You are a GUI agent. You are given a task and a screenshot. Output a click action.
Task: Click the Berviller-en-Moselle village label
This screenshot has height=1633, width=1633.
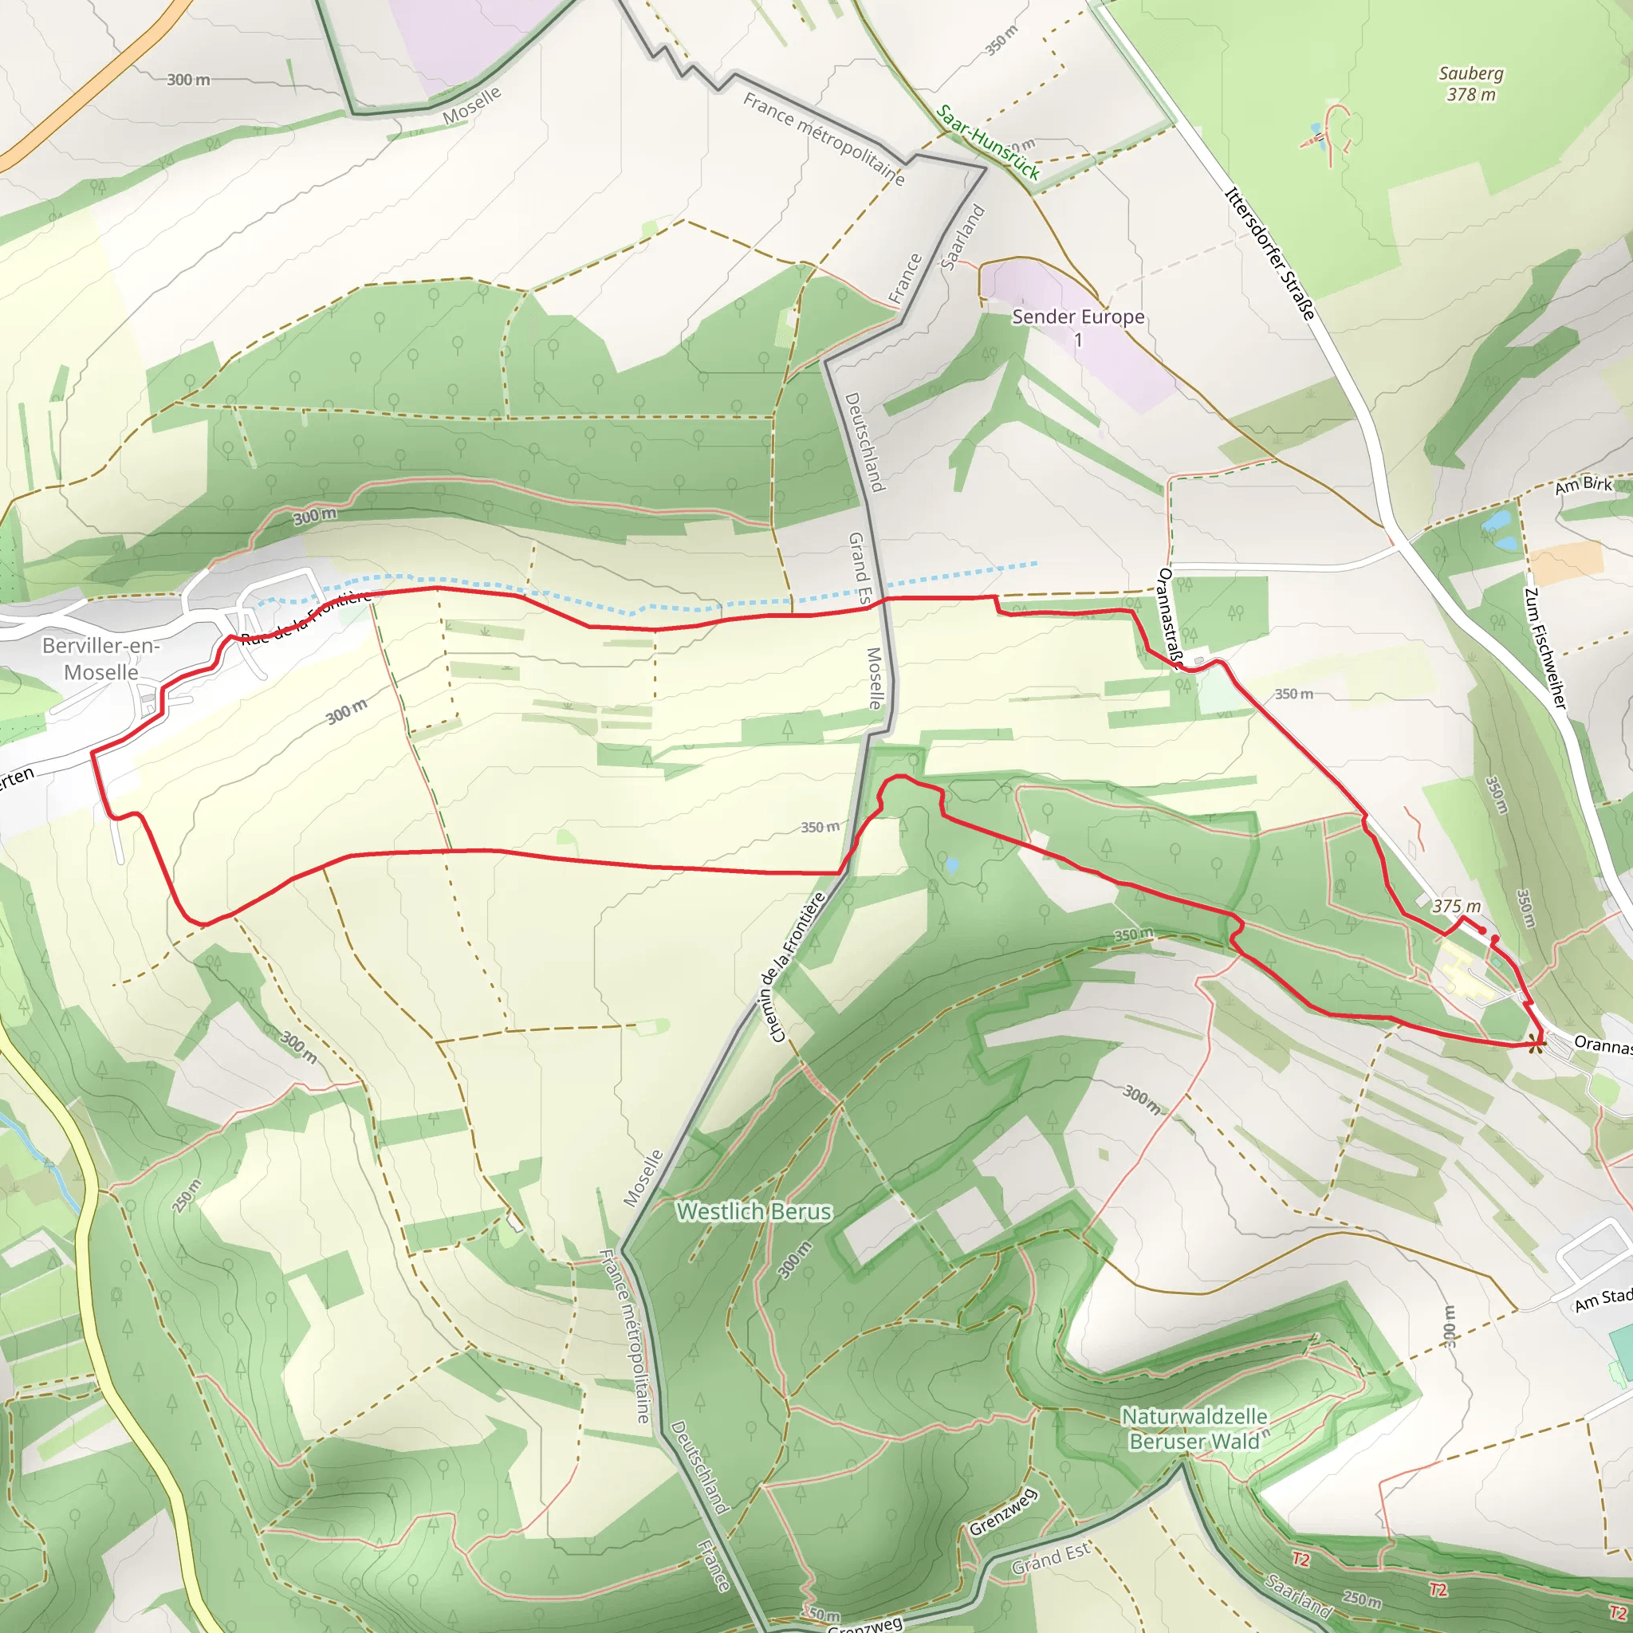coord(100,659)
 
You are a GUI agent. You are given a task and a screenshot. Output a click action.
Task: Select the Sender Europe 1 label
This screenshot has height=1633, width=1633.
coord(1078,326)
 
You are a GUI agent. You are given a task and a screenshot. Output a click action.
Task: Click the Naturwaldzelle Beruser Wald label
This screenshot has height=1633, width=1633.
coord(1194,1427)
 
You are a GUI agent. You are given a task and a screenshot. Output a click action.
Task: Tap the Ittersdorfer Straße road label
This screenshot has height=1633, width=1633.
coord(1269,254)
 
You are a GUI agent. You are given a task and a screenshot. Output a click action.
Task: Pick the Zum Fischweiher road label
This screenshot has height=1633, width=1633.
coord(1544,648)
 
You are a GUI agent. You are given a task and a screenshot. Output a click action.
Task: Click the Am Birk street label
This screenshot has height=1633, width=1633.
coord(1583,484)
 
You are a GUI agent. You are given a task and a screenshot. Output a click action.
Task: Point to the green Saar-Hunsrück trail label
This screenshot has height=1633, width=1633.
coord(988,142)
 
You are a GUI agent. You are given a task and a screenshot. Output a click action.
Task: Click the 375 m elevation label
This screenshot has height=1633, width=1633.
coord(1456,906)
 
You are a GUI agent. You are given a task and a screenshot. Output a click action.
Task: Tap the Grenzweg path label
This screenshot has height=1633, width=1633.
coord(1002,1512)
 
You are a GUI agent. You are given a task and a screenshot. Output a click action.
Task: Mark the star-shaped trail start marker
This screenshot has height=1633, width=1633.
coord(1537,1044)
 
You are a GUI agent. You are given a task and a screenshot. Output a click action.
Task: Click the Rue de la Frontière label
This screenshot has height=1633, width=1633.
coord(306,618)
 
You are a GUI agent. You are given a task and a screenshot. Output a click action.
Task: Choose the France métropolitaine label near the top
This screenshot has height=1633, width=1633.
coord(823,139)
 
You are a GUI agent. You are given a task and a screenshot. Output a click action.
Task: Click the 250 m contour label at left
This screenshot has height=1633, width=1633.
coord(187,1196)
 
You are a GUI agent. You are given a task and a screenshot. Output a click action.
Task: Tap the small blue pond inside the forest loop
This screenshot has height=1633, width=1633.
coord(953,865)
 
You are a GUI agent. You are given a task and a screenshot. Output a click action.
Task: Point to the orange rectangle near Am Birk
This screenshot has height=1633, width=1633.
coord(1566,563)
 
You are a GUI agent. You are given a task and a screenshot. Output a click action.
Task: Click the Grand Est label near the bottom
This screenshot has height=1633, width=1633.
coord(1051,1560)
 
